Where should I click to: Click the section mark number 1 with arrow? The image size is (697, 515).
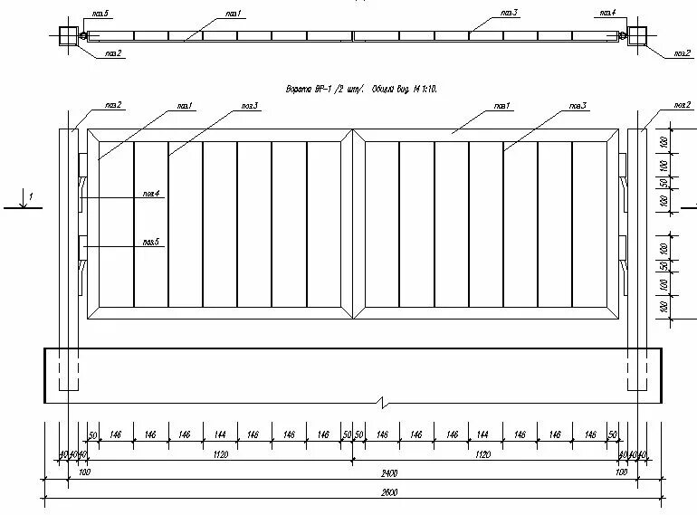(29, 196)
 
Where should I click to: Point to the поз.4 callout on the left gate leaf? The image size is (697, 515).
(150, 193)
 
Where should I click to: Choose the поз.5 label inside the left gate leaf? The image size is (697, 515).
(150, 242)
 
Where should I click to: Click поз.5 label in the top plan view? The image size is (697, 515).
(100, 14)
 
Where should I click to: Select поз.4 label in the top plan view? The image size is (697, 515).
(606, 14)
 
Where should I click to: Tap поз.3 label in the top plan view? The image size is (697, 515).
(509, 14)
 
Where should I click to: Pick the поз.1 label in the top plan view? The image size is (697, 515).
(234, 14)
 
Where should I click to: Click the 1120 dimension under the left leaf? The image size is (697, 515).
(220, 454)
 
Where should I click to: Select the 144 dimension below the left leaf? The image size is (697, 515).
(220, 435)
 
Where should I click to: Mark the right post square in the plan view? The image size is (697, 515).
(636, 36)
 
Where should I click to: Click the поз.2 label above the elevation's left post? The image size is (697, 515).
(113, 105)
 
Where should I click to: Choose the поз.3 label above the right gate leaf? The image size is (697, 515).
(578, 106)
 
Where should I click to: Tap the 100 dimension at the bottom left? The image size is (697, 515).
(85, 472)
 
